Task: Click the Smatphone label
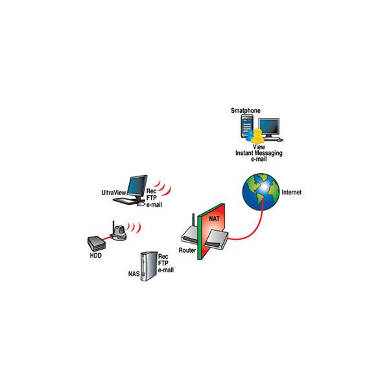coord(246,111)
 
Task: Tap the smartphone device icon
coord(246,126)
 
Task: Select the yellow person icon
coord(258,136)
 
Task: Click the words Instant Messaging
coord(259,153)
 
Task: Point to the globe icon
coord(261,192)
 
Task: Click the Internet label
coord(292,193)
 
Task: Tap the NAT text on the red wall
coord(214,218)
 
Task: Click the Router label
coord(187,250)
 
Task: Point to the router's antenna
coord(193,224)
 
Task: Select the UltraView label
coord(113,193)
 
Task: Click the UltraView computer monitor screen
coord(137,185)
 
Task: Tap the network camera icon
coord(119,231)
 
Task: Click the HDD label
coord(95,255)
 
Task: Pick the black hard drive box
coord(97,243)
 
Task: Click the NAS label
coord(134,274)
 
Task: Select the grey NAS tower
coord(149,266)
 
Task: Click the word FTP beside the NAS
coord(163,263)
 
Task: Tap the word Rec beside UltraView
coord(151,191)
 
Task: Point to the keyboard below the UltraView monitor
coord(125,200)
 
